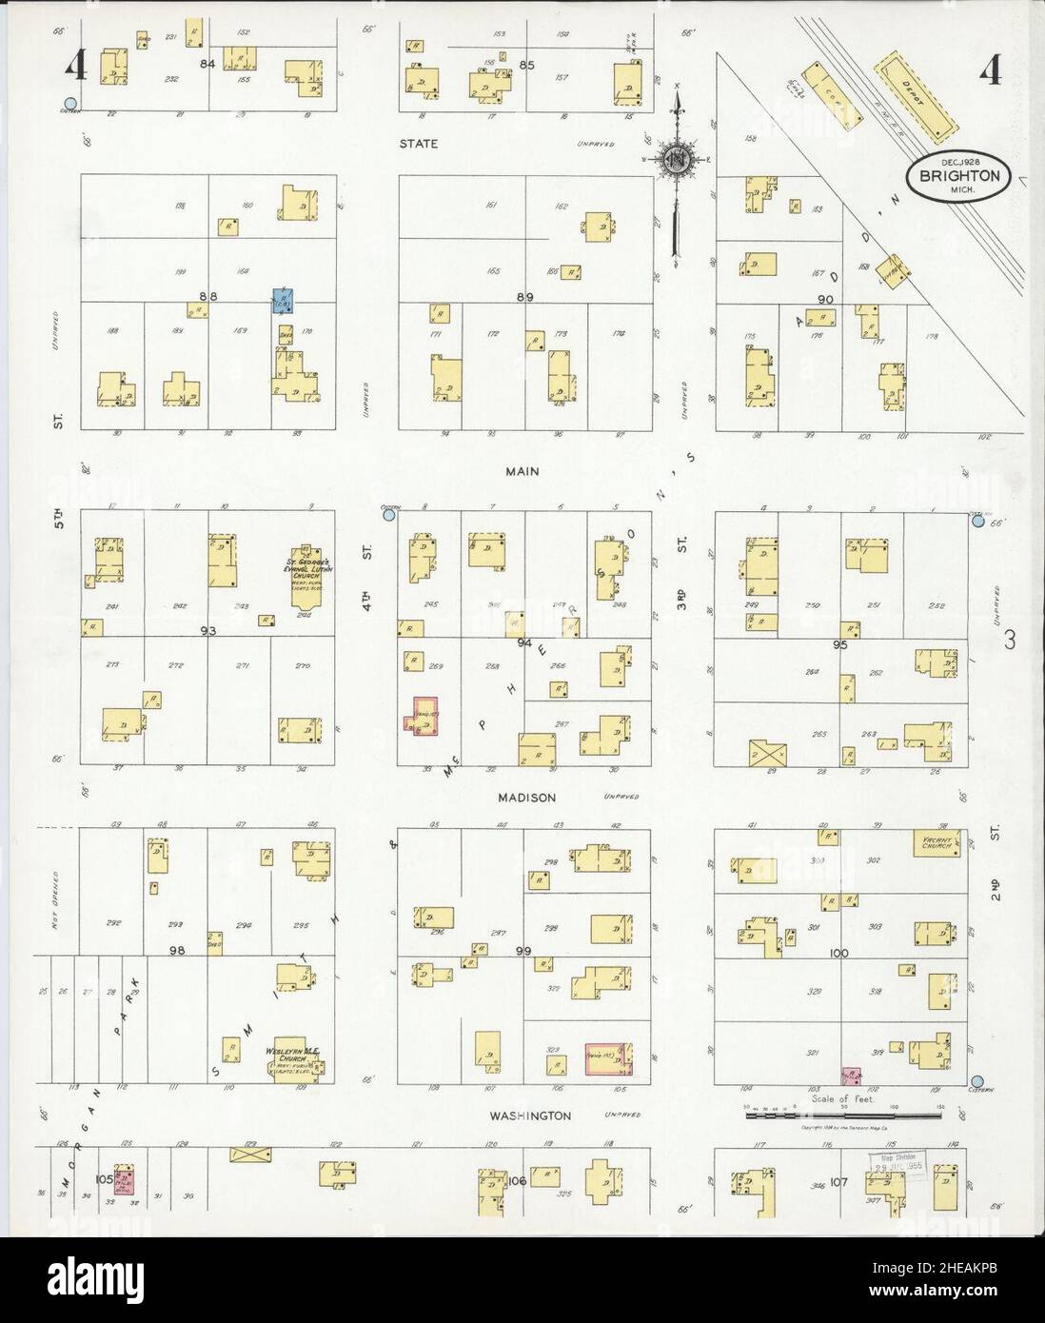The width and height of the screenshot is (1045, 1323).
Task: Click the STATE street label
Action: point(418,144)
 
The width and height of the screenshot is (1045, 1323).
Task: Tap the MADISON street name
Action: point(524,798)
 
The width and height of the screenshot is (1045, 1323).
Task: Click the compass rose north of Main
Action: point(677,156)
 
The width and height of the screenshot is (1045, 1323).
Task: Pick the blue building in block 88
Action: point(283,300)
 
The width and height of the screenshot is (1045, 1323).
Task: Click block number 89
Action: point(524,297)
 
